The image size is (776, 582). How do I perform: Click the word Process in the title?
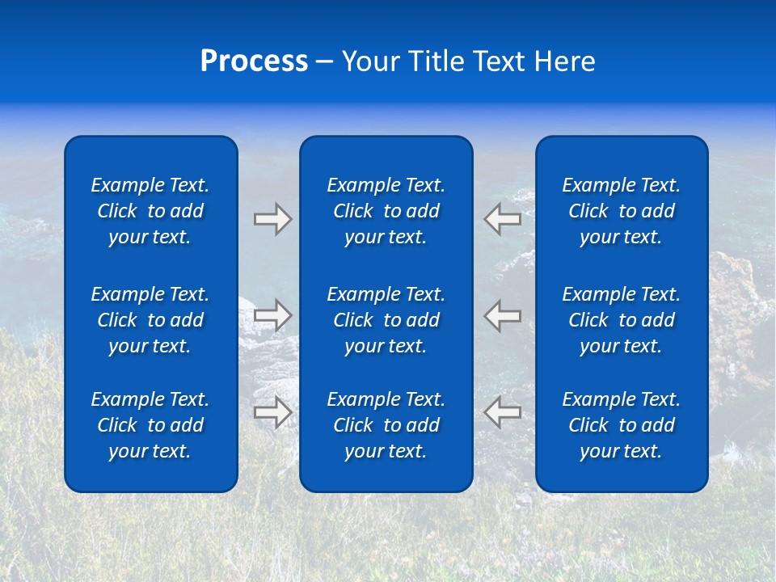pyautogui.click(x=254, y=61)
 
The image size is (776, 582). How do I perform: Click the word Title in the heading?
pyautogui.click(x=434, y=61)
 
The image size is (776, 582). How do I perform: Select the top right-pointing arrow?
pyautogui.click(x=272, y=219)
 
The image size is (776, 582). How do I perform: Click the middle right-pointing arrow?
pyautogui.click(x=272, y=314)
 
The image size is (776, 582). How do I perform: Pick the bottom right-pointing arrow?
pyautogui.click(x=272, y=411)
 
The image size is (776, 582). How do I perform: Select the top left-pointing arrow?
pyautogui.click(x=503, y=218)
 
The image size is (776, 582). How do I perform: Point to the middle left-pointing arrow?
pyautogui.click(x=503, y=314)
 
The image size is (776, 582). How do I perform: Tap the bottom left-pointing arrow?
pyautogui.click(x=503, y=411)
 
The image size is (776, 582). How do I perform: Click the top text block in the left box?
pyautogui.click(x=150, y=211)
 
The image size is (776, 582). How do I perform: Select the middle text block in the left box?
pyautogui.click(x=150, y=320)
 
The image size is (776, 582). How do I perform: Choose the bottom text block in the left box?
pyautogui.click(x=150, y=425)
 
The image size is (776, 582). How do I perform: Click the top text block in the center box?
pyautogui.click(x=386, y=211)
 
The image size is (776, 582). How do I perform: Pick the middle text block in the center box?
pyautogui.click(x=386, y=320)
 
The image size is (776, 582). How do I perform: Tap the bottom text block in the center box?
pyautogui.click(x=386, y=425)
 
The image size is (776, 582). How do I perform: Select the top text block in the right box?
pyautogui.click(x=621, y=211)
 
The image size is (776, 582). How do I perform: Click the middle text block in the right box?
pyautogui.click(x=621, y=320)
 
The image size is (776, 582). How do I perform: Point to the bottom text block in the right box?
pyautogui.click(x=621, y=425)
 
